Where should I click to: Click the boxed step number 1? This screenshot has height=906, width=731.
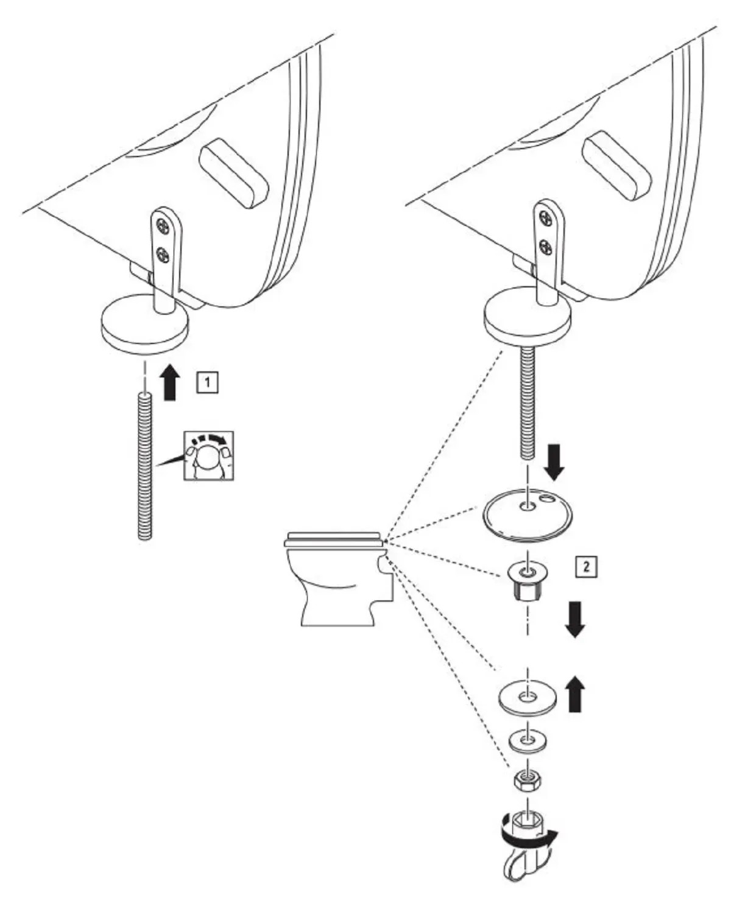click(x=207, y=382)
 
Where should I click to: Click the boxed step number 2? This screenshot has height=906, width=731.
click(x=586, y=566)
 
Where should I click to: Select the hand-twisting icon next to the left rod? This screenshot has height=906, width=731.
click(x=208, y=455)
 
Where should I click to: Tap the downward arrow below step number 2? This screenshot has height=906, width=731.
click(x=574, y=619)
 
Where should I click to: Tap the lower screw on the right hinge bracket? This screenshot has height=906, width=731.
click(x=546, y=246)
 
